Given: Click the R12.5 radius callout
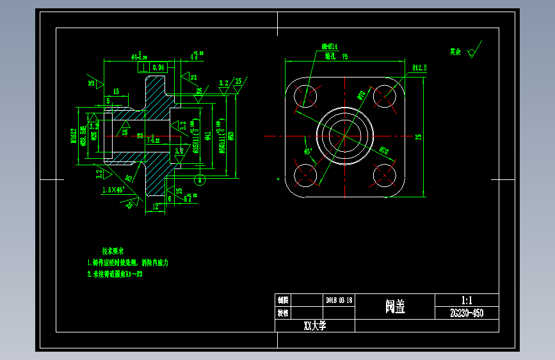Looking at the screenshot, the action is point(420,67).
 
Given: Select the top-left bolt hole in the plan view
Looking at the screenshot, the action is point(307,96).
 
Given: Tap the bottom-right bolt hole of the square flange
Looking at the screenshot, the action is point(384,174).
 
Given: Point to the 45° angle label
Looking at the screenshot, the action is point(308,152).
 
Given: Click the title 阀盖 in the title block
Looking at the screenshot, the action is point(394,307).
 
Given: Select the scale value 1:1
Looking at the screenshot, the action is point(466,300).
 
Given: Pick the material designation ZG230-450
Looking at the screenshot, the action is point(466,313).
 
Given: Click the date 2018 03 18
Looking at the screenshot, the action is point(339,300).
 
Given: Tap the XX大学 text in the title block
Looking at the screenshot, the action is point(315,325).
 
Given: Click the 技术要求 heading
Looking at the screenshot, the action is point(116,250).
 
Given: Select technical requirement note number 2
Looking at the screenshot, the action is point(115,274).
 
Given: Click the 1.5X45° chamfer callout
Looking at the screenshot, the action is point(113,190).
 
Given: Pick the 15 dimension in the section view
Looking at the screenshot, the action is point(116,92).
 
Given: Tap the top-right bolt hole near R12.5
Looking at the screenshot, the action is point(384,96).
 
